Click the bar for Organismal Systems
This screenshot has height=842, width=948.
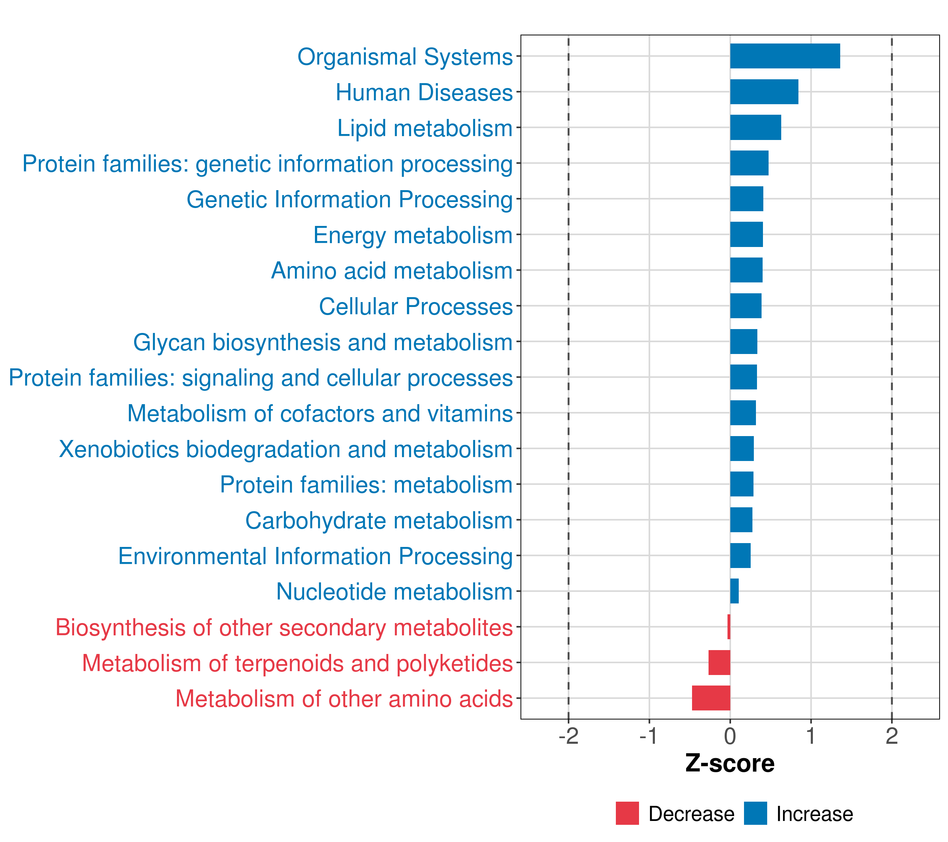[x=785, y=56]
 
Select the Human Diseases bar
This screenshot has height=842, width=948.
[x=764, y=92]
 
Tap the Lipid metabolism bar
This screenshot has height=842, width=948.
[x=755, y=127]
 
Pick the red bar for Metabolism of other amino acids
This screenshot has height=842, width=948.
[x=711, y=698]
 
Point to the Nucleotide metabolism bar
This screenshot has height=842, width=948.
[x=734, y=591]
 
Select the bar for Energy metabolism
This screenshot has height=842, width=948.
[x=746, y=234]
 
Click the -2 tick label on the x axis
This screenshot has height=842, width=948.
[x=568, y=736]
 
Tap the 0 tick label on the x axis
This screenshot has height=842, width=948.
[x=730, y=736]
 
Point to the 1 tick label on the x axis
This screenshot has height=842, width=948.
[x=810, y=736]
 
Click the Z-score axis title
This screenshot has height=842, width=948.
[x=730, y=764]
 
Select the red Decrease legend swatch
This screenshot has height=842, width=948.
[x=627, y=813]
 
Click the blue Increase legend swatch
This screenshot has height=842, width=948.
[x=755, y=813]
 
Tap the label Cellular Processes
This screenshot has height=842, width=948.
[x=416, y=306]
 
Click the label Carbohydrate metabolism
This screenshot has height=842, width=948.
[x=378, y=520]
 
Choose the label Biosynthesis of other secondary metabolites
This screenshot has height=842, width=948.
[x=284, y=627]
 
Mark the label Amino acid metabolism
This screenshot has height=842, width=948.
[x=391, y=270]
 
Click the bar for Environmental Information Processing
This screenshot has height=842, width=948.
[x=740, y=555]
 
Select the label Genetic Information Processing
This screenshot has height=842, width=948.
[x=349, y=200]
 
